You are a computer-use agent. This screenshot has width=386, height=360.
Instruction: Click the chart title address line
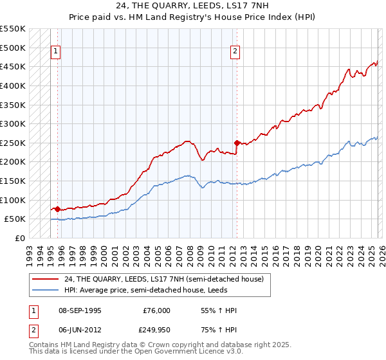[193, 6]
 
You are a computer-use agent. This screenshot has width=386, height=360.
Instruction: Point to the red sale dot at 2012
[237, 143]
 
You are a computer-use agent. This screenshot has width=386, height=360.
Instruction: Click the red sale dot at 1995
[57, 209]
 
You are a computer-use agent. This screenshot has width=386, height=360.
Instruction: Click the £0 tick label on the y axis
[20, 238]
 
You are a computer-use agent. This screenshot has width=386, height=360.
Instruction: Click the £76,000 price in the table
[156, 310]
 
